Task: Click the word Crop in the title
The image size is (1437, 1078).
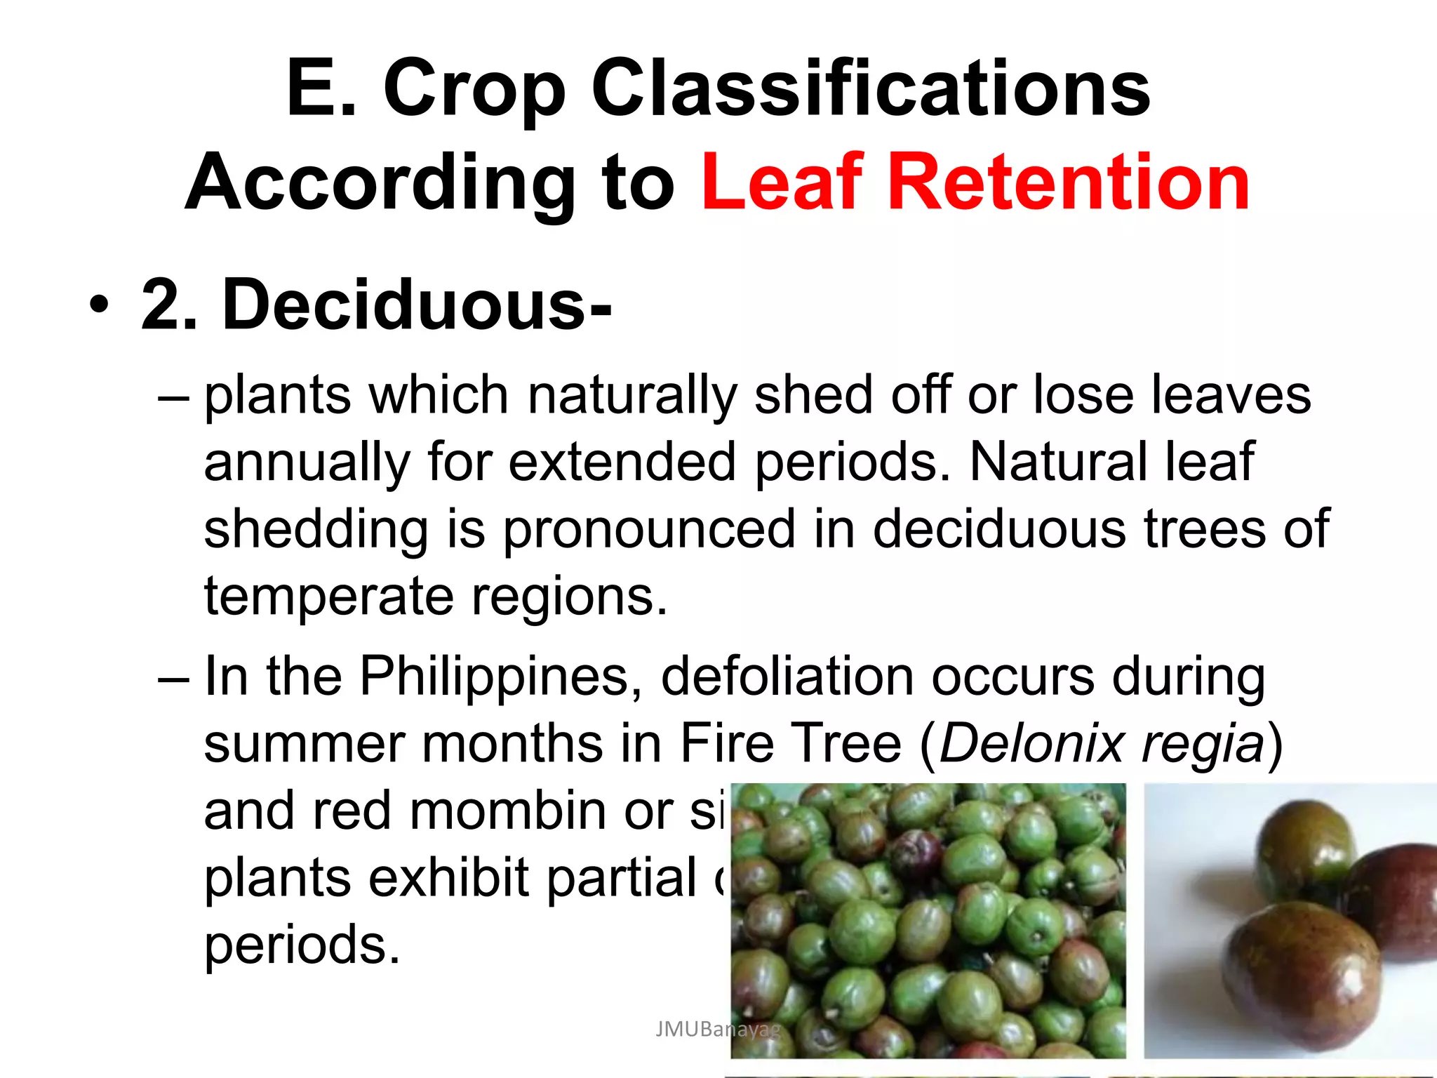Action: (474, 89)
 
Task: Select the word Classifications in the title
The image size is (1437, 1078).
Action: (871, 89)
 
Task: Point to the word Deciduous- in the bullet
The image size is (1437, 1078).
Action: (417, 305)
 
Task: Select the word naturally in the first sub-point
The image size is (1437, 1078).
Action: (631, 395)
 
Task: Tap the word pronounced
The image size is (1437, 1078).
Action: (649, 529)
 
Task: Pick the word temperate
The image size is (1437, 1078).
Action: (329, 597)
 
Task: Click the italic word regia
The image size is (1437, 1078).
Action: (1203, 743)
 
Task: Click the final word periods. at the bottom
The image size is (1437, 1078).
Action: (302, 945)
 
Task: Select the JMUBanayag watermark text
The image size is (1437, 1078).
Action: (717, 1030)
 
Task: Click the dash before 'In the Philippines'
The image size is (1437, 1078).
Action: (173, 678)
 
